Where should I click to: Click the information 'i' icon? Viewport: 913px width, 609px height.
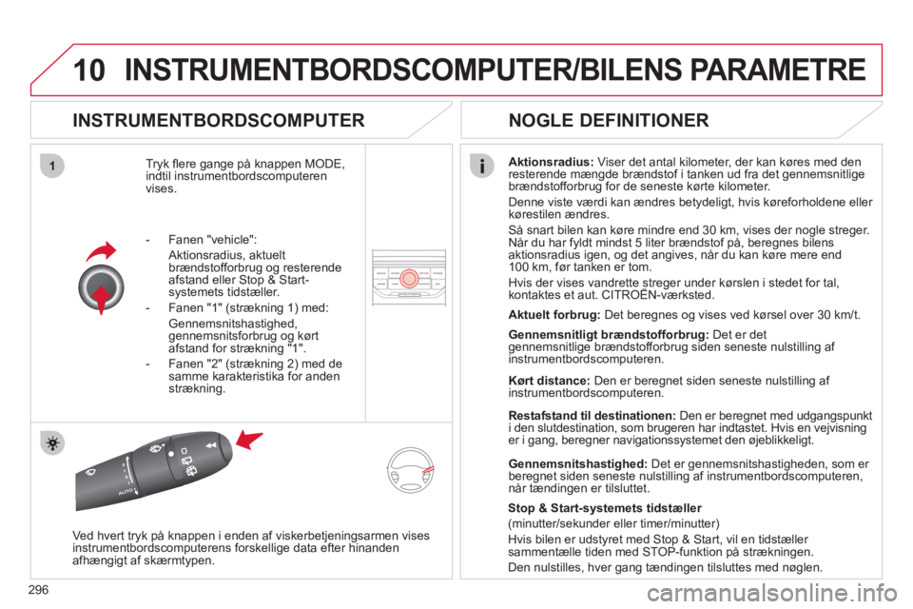click(x=482, y=167)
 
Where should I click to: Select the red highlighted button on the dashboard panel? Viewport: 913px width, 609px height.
click(x=409, y=279)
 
